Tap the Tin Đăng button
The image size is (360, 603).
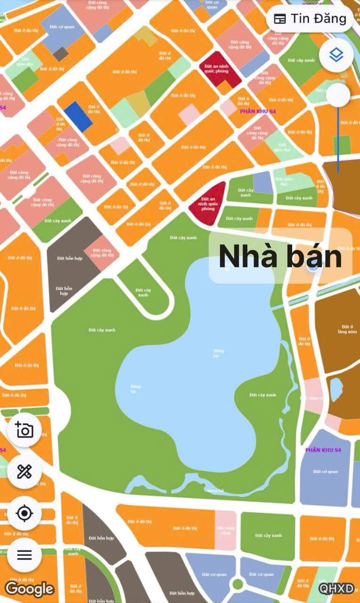[x=310, y=19]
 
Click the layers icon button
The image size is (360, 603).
[x=336, y=55]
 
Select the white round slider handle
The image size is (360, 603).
[x=338, y=94]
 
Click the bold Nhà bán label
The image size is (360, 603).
[x=280, y=257]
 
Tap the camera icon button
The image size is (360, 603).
[x=24, y=430]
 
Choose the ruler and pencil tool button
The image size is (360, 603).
[x=24, y=471]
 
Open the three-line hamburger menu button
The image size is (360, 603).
[x=24, y=554]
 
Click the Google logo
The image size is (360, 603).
[x=29, y=588]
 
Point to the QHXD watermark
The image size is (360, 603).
[x=336, y=588]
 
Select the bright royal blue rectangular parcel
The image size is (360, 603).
[x=77, y=116]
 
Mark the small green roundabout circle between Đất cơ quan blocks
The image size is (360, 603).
[x=237, y=583]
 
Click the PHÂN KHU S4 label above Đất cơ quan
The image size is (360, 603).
[x=323, y=450]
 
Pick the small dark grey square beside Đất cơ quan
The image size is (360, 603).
[x=60, y=53]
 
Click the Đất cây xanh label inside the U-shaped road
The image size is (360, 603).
[x=143, y=292]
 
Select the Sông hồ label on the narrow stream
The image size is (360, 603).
[x=215, y=490]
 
